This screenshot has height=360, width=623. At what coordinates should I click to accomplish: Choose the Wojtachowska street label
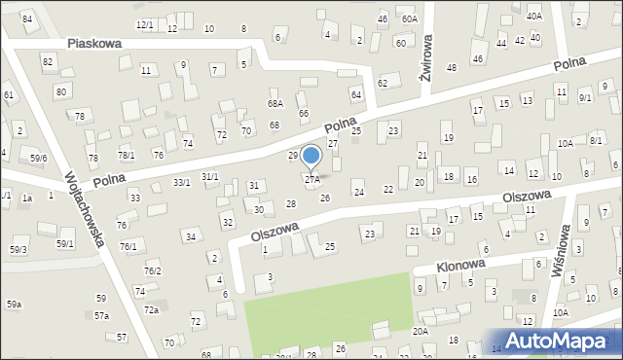[x=84, y=209]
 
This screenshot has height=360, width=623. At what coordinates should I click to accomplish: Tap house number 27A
[x=312, y=180]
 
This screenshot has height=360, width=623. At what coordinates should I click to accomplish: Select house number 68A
[x=275, y=103]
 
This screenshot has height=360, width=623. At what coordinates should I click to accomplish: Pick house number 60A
[x=410, y=18]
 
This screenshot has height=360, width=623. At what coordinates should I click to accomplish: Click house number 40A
[x=533, y=16]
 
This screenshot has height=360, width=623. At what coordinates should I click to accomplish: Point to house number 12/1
[x=144, y=24]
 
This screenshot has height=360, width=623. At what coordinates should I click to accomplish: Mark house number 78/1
[x=127, y=156]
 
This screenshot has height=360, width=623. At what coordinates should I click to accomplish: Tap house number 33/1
[x=182, y=182]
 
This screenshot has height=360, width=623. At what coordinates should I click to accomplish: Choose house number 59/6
[x=38, y=158]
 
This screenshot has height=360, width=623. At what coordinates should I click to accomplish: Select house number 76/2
[x=152, y=270]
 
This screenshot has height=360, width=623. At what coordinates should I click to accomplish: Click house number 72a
[x=151, y=310]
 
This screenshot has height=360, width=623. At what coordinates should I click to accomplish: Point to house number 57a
[x=101, y=316]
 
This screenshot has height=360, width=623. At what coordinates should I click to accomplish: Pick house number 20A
[x=420, y=331]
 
